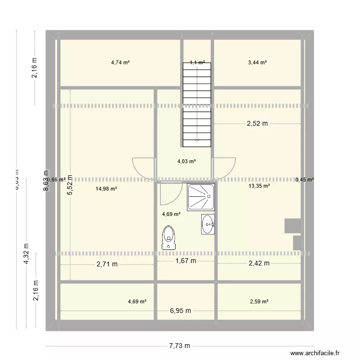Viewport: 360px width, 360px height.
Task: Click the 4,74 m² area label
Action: click(121, 62)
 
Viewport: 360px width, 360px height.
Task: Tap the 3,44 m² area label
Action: click(257, 62)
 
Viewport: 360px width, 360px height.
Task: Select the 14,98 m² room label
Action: click(107, 189)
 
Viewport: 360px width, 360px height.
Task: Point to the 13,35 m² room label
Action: click(259, 186)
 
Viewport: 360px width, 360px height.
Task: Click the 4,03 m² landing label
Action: click(186, 162)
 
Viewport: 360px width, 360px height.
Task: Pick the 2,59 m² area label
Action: click(259, 301)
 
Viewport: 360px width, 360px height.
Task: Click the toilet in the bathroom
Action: click(168, 238)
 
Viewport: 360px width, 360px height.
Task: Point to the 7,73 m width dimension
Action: click(180, 346)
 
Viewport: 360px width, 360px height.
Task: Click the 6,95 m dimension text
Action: click(180, 311)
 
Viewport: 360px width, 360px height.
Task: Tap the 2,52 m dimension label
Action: click(257, 123)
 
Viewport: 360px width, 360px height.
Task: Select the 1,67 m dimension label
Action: click(186, 261)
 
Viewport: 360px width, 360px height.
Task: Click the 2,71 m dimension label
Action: click(107, 264)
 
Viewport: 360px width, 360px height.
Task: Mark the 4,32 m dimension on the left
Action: click(26, 252)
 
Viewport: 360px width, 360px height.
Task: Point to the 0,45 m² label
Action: click(304, 180)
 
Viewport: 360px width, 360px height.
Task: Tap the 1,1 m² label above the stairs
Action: click(197, 62)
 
